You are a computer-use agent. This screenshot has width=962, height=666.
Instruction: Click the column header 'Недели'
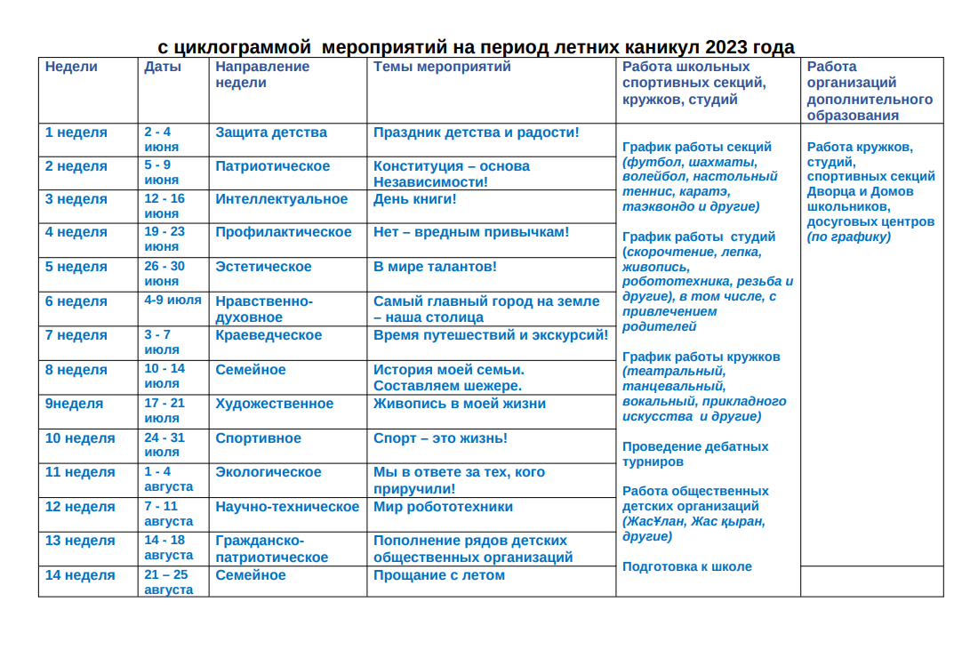click(71, 67)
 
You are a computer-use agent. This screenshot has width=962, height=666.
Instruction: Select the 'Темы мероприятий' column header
click(442, 67)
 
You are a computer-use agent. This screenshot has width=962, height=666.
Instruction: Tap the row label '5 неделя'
click(76, 267)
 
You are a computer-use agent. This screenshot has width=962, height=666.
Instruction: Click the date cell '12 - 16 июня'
click(164, 206)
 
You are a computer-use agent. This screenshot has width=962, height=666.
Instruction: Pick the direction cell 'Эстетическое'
click(263, 267)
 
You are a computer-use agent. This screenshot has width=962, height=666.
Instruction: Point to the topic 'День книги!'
click(414, 199)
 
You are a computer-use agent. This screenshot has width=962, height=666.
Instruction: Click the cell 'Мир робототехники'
click(443, 507)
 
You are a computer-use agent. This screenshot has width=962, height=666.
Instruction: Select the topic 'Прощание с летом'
click(438, 575)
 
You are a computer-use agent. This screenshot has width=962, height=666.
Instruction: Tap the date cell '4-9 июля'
click(172, 301)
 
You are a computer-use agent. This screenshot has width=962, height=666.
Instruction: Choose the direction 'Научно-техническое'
click(287, 507)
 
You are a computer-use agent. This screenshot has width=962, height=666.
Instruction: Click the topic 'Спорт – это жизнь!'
click(440, 438)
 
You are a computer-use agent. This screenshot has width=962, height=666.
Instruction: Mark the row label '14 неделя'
click(80, 575)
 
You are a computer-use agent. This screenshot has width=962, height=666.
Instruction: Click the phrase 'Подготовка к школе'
click(686, 566)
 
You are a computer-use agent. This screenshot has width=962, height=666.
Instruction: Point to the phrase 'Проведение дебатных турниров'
click(695, 454)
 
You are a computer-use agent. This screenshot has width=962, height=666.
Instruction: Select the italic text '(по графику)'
click(848, 237)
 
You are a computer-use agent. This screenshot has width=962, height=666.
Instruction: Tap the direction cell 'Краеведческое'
click(269, 335)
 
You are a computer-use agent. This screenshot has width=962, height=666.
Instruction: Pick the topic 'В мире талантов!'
click(435, 267)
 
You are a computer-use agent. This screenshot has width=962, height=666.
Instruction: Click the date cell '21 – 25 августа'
click(168, 582)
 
